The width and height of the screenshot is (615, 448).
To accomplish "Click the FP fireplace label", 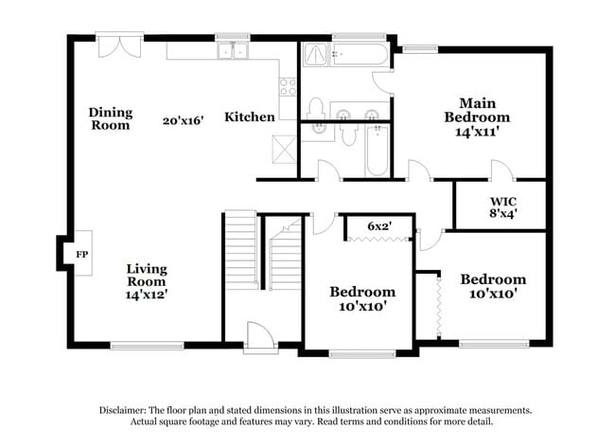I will click(x=81, y=255).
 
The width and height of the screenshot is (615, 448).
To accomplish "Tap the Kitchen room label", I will click(x=250, y=117).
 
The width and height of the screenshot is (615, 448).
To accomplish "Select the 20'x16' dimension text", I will click(x=183, y=121).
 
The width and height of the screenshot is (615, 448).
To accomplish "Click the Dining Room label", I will click(x=111, y=118).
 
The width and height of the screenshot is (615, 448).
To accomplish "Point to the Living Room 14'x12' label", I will click(x=147, y=281).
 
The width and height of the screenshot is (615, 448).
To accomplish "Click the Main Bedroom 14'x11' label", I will click(x=477, y=117).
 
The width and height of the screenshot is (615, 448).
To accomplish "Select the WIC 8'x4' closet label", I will click(x=502, y=207).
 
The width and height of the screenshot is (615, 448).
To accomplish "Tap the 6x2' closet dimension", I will click(x=378, y=226).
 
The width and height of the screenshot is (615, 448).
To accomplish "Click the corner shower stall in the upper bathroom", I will click(x=315, y=56).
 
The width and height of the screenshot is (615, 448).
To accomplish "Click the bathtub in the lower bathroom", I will click(x=377, y=153).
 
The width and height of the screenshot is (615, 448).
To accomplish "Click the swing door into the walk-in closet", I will click(x=500, y=171).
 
